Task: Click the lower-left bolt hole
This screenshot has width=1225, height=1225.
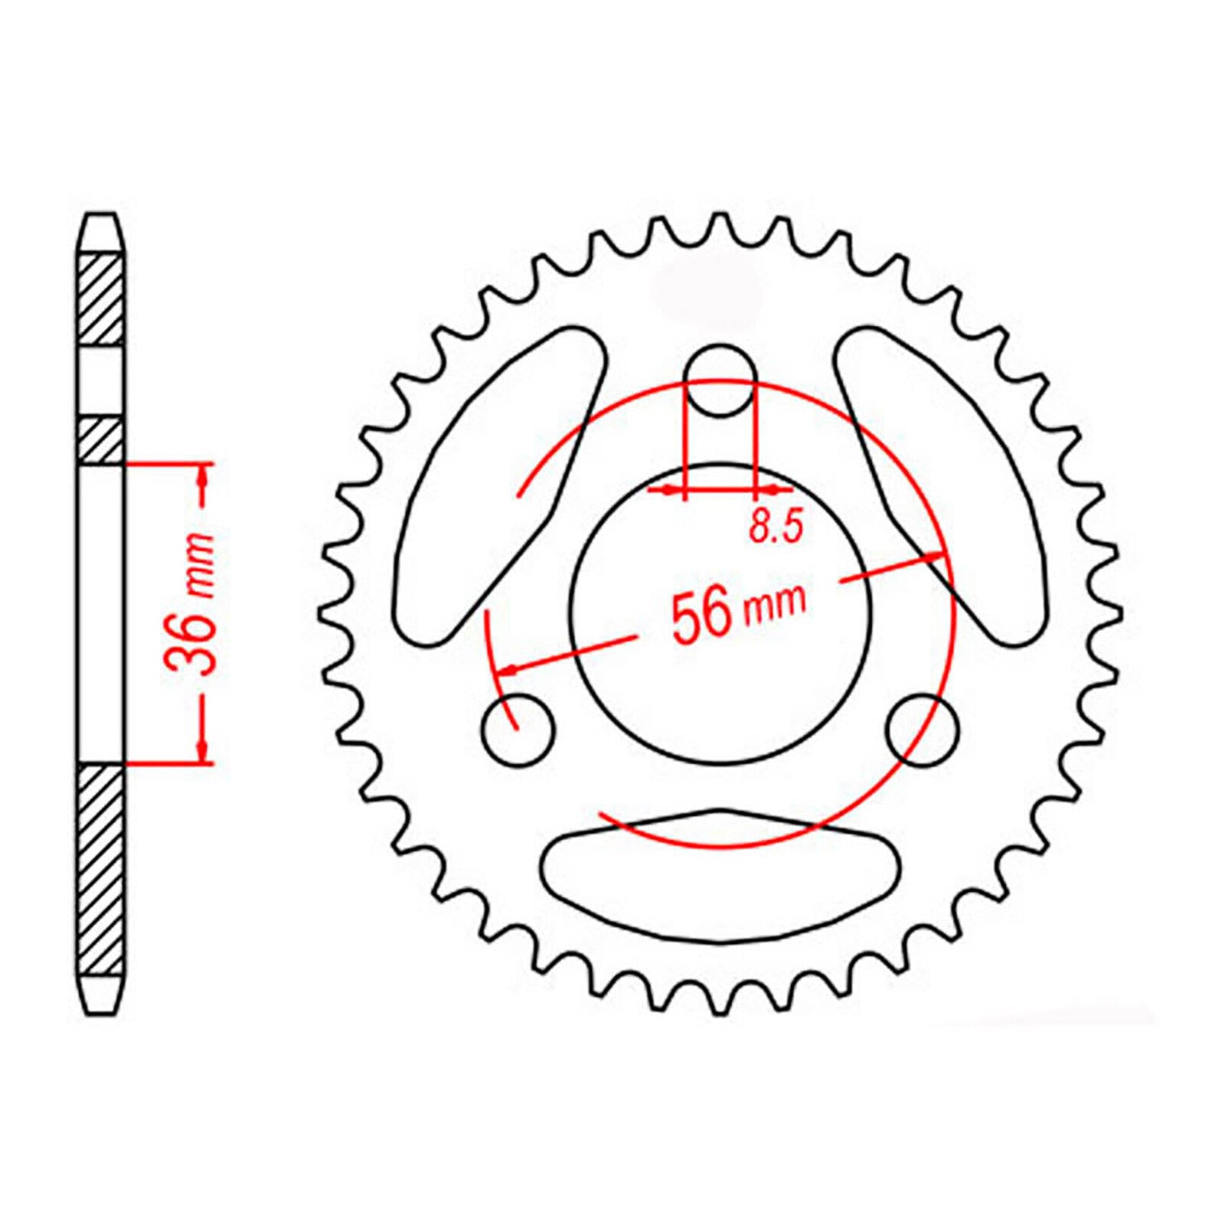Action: [518, 730]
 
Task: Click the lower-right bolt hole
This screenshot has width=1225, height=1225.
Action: [922, 730]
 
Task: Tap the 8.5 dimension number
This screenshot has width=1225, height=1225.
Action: [775, 528]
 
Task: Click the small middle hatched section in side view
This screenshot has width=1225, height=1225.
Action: [101, 440]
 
